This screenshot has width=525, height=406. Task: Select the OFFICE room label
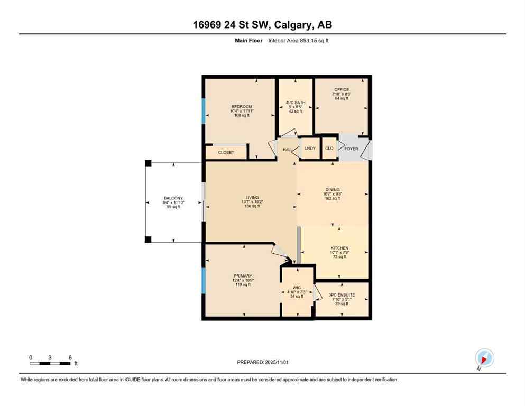tap(341, 90)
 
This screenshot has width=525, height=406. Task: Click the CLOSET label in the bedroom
tap(226, 152)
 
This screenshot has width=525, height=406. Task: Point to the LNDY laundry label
tap(310, 149)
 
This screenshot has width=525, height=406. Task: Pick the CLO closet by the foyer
tap(329, 149)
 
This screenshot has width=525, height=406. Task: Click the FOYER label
tap(351, 149)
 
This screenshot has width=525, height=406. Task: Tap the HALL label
tap(287, 150)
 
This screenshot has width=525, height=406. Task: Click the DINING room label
tap(332, 190)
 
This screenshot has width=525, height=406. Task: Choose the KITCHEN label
tap(339, 248)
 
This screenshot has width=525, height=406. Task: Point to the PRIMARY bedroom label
tap(243, 275)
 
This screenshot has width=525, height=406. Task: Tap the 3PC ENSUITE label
tap(341, 295)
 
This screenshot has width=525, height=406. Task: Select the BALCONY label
tap(173, 198)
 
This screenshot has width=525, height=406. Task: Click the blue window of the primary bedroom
tap(203, 280)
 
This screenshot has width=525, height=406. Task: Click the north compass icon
tap(484, 358)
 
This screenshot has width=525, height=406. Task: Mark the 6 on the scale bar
tap(69, 357)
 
